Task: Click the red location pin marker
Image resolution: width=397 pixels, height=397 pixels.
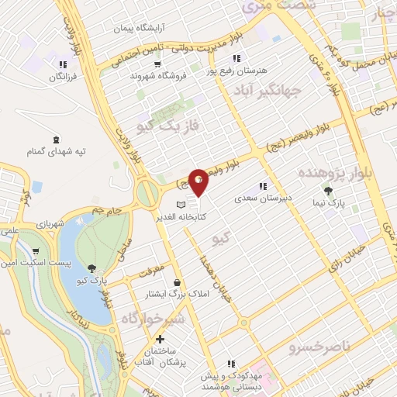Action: tap(199, 181)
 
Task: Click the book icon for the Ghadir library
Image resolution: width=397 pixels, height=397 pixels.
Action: tap(181, 204)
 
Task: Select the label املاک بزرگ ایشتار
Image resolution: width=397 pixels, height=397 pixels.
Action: tap(178, 295)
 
